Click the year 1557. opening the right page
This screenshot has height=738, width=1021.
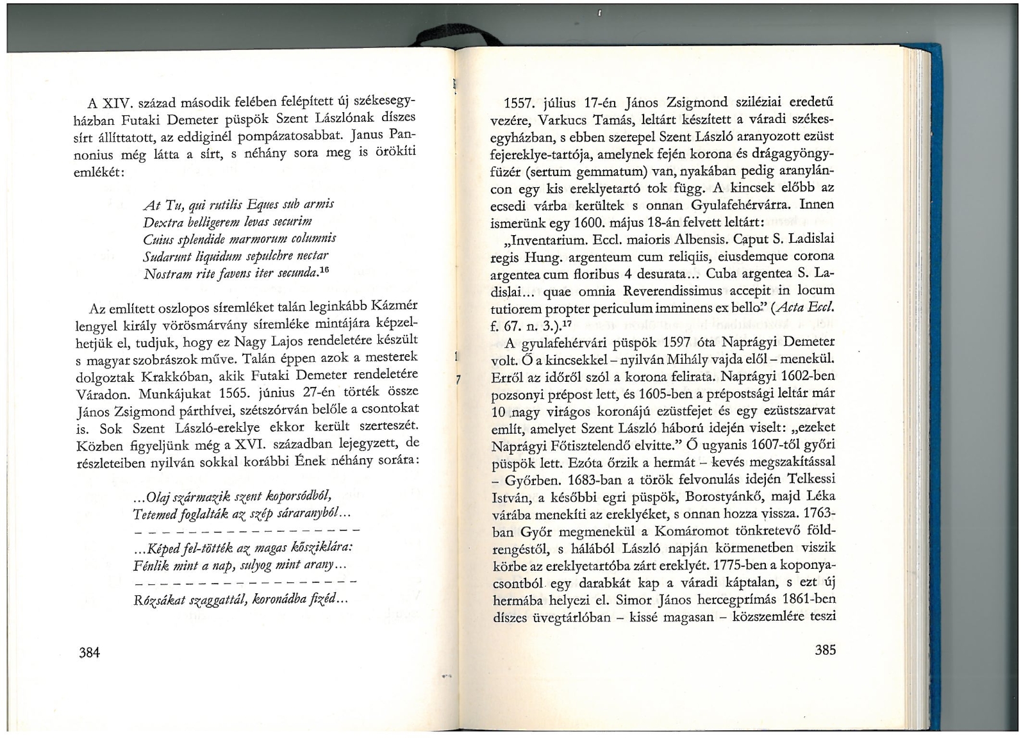(x=520, y=104)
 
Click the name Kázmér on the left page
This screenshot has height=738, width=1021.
(x=394, y=306)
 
